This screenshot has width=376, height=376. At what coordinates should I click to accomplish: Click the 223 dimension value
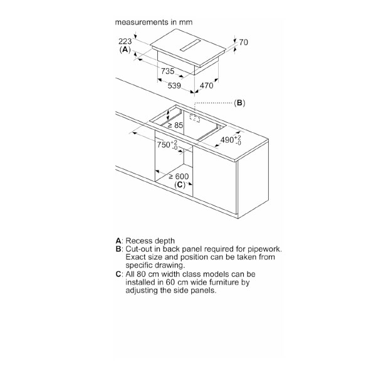(125, 41)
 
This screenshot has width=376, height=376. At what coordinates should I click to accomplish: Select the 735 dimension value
(167, 71)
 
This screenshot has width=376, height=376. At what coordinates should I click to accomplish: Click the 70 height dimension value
(244, 43)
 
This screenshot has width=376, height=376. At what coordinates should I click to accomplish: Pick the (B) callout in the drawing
(239, 103)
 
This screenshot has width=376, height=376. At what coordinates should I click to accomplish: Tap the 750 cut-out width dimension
(167, 145)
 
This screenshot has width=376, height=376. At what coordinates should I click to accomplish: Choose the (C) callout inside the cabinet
(180, 185)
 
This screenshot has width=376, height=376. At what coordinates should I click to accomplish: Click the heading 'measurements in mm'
(154, 21)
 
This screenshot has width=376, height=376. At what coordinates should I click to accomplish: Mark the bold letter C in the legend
(118, 274)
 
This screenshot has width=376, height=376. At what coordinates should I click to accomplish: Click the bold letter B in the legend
(118, 249)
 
